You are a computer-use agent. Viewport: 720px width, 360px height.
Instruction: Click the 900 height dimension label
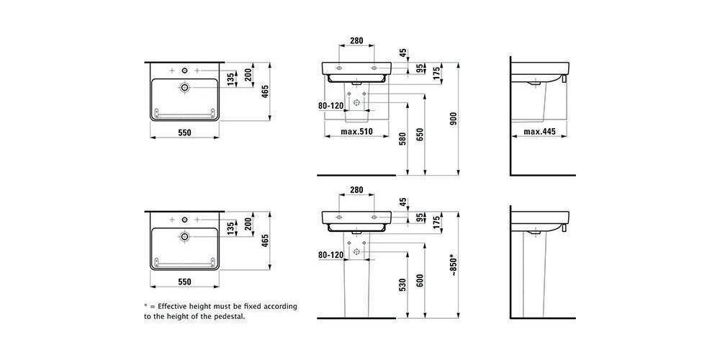[453, 119]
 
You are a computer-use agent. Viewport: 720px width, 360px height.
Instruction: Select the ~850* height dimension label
[453, 266]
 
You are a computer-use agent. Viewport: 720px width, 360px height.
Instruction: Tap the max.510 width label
[357, 132]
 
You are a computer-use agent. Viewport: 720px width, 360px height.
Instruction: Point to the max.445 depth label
[539, 132]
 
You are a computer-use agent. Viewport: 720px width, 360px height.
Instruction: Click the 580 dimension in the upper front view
[402, 139]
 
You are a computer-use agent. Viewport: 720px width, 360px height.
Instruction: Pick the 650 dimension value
[419, 134]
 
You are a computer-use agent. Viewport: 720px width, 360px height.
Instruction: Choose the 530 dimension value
[402, 284]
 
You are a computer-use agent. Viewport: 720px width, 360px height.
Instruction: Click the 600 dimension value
[419, 281]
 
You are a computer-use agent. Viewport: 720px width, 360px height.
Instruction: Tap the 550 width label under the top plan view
[184, 132]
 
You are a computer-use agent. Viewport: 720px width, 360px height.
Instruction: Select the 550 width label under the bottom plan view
[184, 282]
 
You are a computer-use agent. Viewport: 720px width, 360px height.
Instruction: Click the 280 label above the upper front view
[357, 40]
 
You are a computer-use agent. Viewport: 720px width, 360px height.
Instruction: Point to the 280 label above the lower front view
[357, 189]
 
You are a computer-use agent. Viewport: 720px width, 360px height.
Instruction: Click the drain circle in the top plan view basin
[184, 87]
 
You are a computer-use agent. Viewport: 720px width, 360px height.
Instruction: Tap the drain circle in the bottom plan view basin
[184, 236]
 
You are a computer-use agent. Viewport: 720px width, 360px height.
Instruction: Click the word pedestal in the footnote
[230, 316]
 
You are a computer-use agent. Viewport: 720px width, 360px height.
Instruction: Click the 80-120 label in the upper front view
[331, 106]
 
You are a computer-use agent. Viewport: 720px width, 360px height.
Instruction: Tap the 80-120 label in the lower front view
[331, 255]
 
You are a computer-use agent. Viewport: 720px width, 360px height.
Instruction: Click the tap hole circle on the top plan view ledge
[184, 71]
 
